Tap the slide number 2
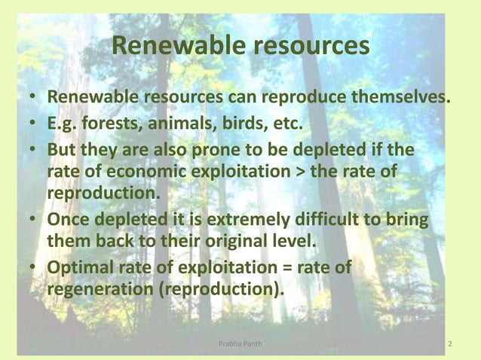450,345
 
